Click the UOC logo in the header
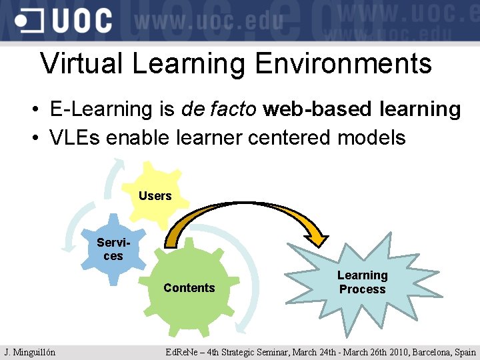tap(63, 21)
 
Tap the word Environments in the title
tap(343, 64)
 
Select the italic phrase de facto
tap(218, 109)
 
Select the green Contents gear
tap(189, 288)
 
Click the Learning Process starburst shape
tap(362, 282)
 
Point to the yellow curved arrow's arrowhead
tap(314, 236)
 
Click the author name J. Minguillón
tap(29, 352)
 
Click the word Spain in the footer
tap(465, 352)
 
